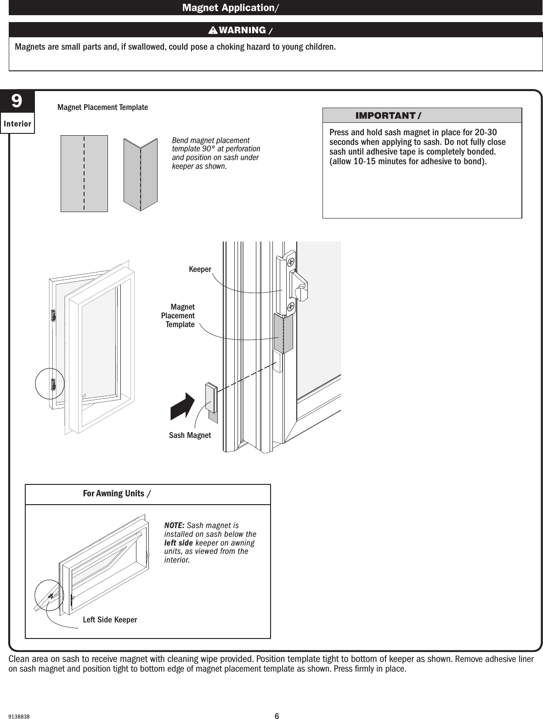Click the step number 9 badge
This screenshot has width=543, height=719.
[x=17, y=102]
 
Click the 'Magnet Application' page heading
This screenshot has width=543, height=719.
[x=229, y=8]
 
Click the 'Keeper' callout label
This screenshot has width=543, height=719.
[x=200, y=269]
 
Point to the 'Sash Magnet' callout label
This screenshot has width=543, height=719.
[x=190, y=435]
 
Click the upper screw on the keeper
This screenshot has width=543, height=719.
[x=290, y=261]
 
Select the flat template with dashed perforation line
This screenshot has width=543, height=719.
[x=84, y=173]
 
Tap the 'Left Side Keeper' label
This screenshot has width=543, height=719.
[x=110, y=620]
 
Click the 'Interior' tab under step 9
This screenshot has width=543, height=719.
[x=17, y=124]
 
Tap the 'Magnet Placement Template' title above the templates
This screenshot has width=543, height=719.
[x=102, y=107]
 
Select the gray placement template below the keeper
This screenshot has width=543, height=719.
[x=283, y=334]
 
